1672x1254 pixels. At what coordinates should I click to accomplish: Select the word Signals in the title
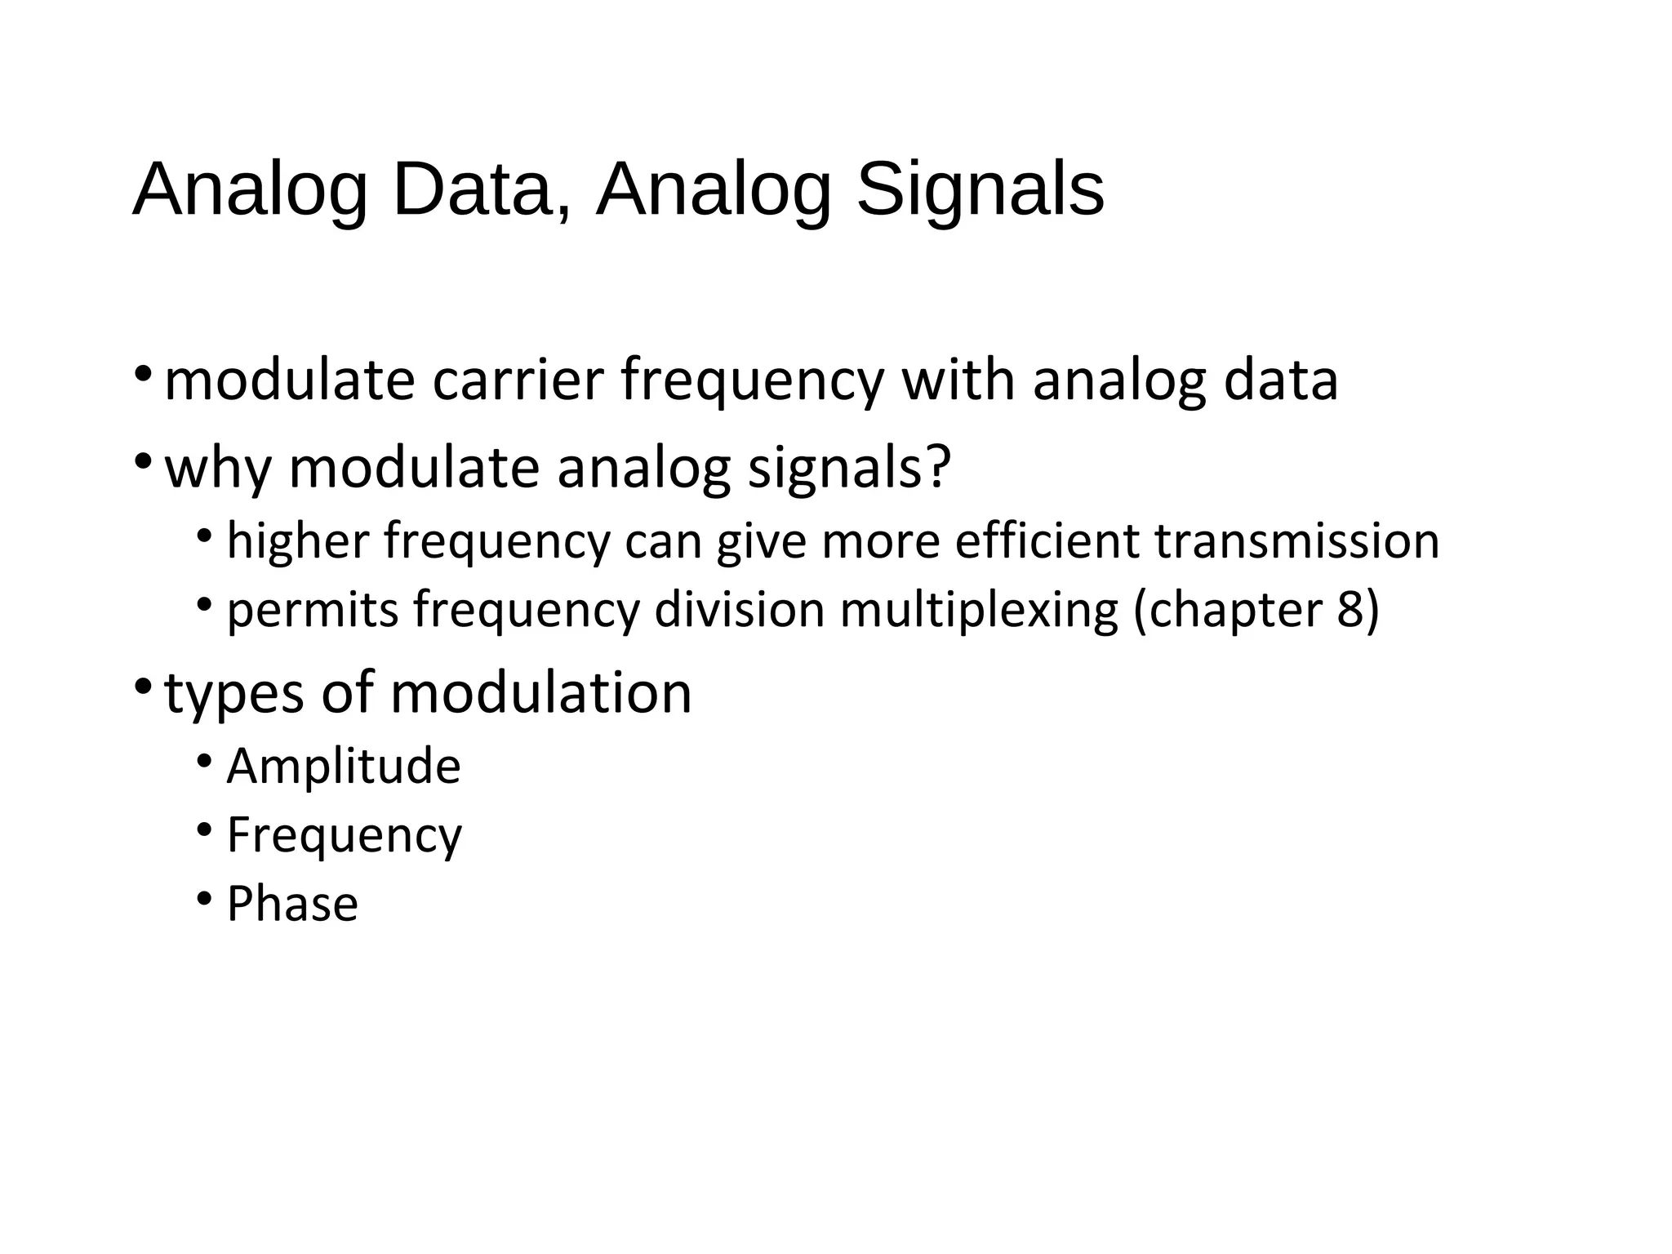(x=980, y=189)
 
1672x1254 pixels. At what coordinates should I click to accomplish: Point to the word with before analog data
(x=958, y=380)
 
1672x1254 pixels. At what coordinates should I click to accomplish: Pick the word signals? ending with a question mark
(x=849, y=468)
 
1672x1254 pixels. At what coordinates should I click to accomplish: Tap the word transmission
(x=1296, y=541)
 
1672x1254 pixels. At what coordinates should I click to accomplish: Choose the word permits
(x=313, y=611)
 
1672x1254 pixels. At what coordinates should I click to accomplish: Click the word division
(x=740, y=611)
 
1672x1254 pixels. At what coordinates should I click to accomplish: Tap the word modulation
(x=540, y=694)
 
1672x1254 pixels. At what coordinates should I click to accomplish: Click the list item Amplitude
(x=344, y=767)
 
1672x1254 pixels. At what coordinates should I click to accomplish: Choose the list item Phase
(x=292, y=904)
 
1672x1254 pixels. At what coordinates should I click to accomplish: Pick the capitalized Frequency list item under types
(x=345, y=836)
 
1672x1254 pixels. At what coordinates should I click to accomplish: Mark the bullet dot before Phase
(x=204, y=899)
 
